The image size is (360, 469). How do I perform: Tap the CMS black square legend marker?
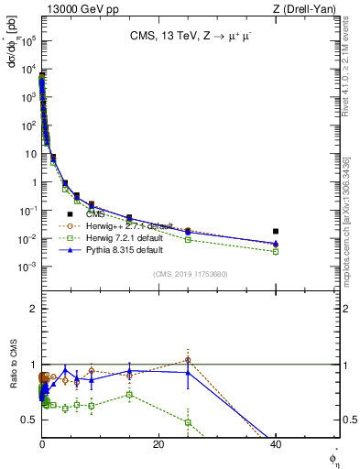click(70, 213)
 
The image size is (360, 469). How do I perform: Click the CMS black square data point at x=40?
click(275, 232)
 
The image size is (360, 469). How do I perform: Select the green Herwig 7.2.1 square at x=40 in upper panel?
click(275, 251)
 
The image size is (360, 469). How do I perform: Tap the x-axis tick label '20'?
click(158, 443)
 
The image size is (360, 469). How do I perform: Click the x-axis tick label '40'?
click(275, 443)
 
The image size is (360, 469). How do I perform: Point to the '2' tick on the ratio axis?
click(32, 309)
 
